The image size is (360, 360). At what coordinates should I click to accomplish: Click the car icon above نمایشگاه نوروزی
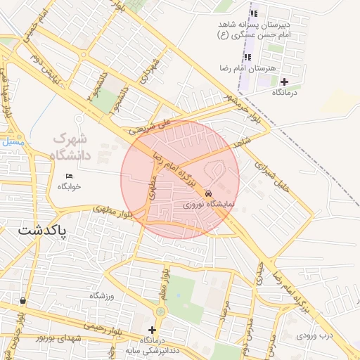point(208,193)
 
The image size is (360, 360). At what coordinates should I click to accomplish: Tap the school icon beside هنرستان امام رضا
point(247,57)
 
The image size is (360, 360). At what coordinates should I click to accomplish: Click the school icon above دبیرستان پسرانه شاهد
point(254,13)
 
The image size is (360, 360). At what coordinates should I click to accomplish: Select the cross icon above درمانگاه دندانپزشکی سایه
point(152,329)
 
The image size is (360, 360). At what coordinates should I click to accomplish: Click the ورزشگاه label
point(101,295)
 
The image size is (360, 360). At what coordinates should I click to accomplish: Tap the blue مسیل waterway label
point(13,143)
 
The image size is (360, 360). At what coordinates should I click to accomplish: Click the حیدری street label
point(259,274)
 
